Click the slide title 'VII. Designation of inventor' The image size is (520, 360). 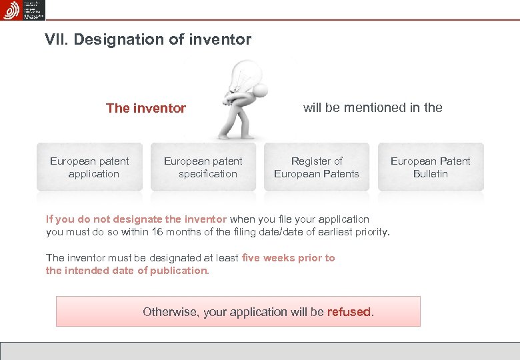148,40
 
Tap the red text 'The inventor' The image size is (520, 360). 146,109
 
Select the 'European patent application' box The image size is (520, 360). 89,167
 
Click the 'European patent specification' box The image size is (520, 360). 203,167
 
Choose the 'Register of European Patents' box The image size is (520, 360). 317,167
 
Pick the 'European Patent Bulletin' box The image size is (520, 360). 431,167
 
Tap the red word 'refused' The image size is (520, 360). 349,312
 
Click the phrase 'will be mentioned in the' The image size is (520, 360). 373,107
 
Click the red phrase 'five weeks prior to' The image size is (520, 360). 289,258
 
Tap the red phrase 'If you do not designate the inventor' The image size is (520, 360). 136,219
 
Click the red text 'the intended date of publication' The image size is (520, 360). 127,271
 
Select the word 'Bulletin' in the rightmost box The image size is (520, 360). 431,174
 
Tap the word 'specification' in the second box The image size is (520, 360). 207,174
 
